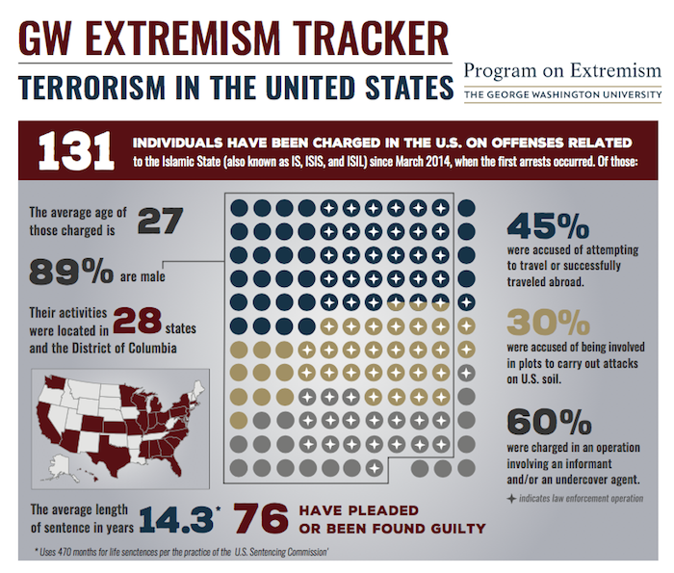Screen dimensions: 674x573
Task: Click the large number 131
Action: tap(76, 151)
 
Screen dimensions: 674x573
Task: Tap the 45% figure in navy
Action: tap(548, 225)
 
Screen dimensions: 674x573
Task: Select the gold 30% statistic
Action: tap(549, 323)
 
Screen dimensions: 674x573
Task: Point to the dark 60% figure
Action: tap(550, 422)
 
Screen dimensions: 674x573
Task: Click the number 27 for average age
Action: tap(161, 221)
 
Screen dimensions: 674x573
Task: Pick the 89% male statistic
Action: tap(71, 272)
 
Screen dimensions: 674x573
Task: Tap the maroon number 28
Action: tap(138, 321)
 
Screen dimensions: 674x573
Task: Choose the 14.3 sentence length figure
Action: tap(176, 519)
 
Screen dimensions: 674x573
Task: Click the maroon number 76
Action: tap(261, 519)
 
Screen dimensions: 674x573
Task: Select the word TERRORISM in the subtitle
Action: tap(92, 88)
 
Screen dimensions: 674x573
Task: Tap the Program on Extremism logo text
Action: tap(562, 70)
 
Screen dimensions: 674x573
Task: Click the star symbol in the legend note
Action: tap(511, 499)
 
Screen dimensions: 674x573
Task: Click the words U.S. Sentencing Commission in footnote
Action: tap(281, 552)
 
